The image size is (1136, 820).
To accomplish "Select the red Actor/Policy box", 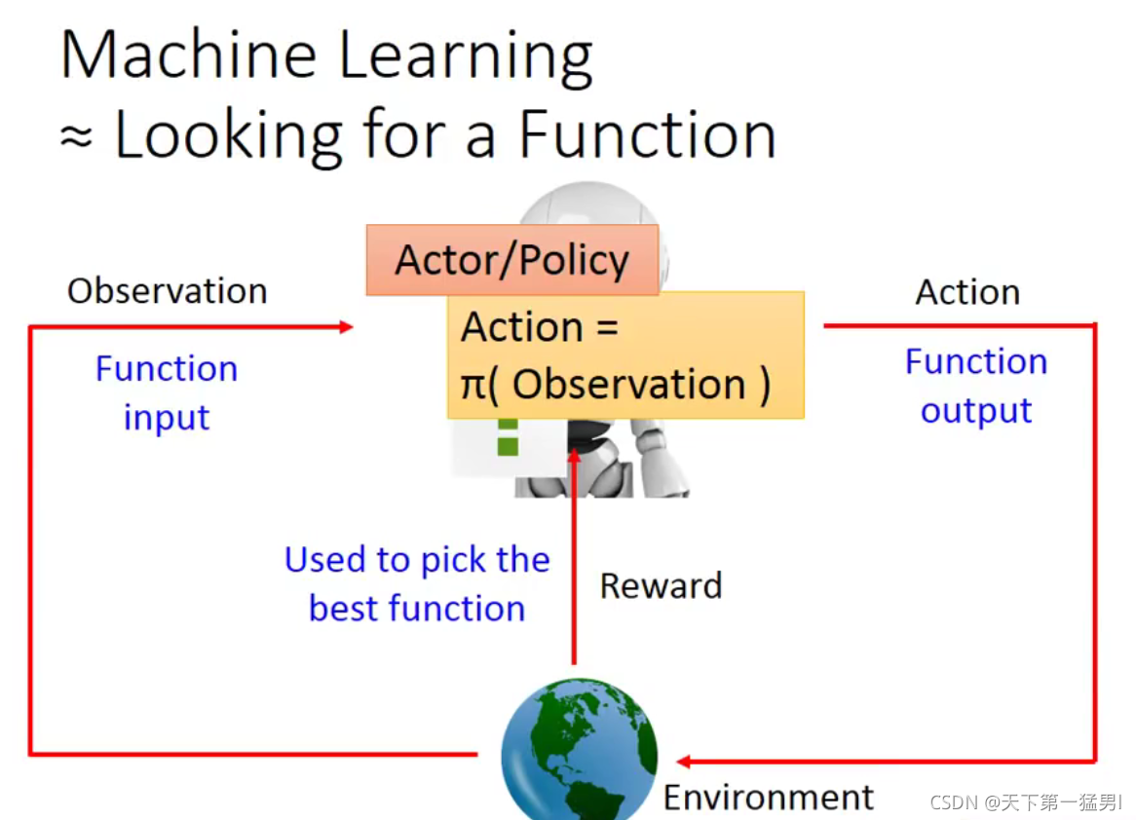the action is click(x=512, y=260).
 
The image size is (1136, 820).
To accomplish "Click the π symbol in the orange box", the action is click(x=473, y=386).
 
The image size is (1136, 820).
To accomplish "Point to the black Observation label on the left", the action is click(x=167, y=291).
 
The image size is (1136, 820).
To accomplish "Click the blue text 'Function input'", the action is click(x=167, y=392).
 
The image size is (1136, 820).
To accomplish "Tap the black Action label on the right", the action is click(x=967, y=292).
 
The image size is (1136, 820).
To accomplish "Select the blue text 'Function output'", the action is click(x=976, y=386).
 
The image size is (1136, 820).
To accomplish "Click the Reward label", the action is click(x=661, y=585).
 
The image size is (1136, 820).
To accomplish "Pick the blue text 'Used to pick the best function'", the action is click(x=417, y=583).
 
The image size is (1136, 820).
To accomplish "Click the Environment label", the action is click(x=769, y=798).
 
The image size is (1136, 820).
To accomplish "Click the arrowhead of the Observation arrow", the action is click(x=345, y=327).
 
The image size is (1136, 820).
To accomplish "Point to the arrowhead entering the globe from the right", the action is click(x=683, y=762).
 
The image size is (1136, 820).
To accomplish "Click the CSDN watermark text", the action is click(x=1026, y=802).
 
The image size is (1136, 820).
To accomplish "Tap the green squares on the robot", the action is click(x=507, y=437).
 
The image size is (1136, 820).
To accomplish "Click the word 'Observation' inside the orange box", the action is click(x=629, y=386).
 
